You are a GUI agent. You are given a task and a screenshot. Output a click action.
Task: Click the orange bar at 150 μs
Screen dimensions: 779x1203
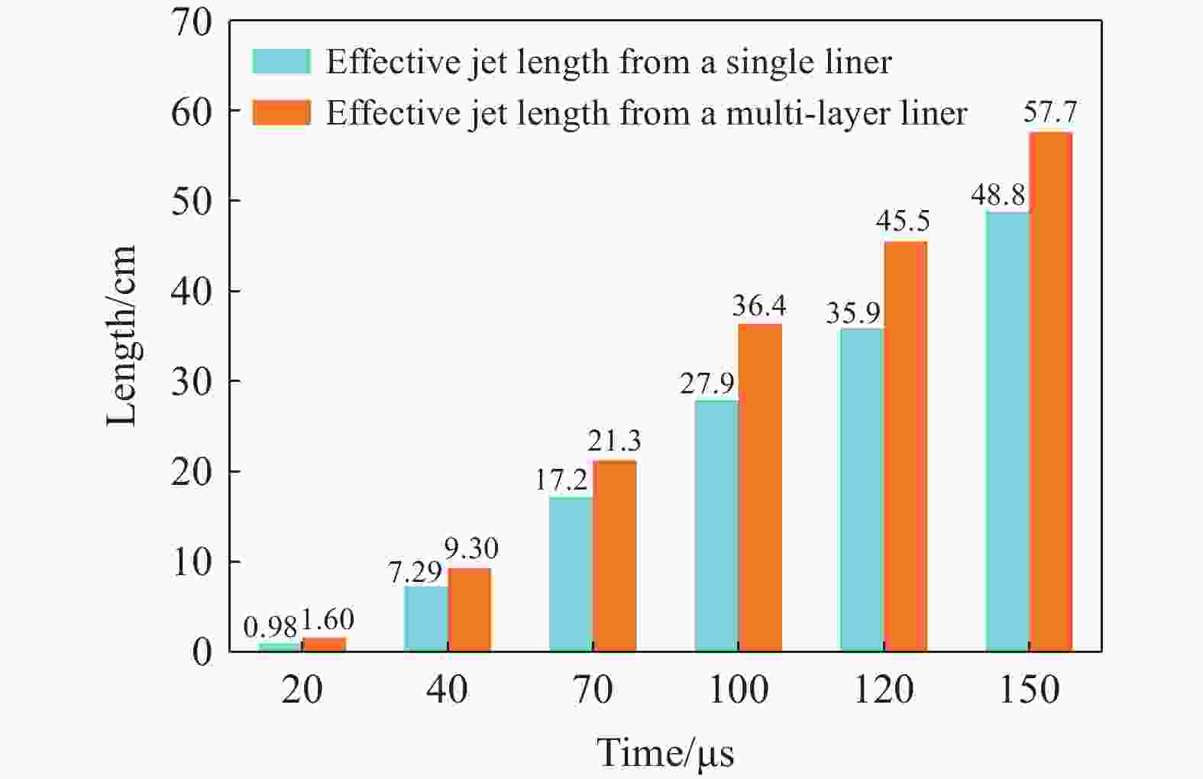pyautogui.click(x=1051, y=392)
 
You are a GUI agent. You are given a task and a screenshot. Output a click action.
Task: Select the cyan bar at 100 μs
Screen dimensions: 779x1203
pyautogui.click(x=716, y=525)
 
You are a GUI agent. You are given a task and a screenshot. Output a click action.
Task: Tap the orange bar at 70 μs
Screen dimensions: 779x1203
pyautogui.click(x=615, y=556)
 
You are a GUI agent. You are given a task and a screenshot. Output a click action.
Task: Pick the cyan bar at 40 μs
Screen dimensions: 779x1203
pyautogui.click(x=425, y=619)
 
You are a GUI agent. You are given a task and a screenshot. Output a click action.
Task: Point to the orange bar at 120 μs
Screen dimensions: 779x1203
pyautogui.click(x=906, y=447)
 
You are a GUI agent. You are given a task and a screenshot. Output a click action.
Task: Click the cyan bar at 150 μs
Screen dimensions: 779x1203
pyautogui.click(x=1007, y=432)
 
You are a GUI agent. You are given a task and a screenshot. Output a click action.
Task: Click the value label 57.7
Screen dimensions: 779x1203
pyautogui.click(x=1050, y=112)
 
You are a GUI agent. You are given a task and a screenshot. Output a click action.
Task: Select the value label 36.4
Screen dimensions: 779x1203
pyautogui.click(x=759, y=305)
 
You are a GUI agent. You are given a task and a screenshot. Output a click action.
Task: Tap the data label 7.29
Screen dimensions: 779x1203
pyautogui.click(x=416, y=571)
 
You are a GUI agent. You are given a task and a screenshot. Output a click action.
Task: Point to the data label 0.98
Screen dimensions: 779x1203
pyautogui.click(x=270, y=628)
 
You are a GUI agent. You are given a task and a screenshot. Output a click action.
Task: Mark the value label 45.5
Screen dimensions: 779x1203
pyautogui.click(x=904, y=221)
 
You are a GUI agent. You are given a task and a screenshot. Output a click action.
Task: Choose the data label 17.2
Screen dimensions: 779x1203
pyautogui.click(x=561, y=480)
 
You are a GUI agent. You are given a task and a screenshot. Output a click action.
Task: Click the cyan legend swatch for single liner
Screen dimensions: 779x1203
pyautogui.click(x=281, y=62)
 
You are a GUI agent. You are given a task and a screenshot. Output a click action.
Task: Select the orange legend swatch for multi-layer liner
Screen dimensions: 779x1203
pyautogui.click(x=281, y=113)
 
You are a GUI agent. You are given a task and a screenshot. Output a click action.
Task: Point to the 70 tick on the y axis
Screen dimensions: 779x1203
pyautogui.click(x=191, y=23)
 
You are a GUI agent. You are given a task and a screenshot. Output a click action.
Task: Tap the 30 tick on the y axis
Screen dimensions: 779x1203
pyautogui.click(x=191, y=381)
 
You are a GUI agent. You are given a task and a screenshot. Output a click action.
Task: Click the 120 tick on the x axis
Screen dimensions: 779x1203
pyautogui.click(x=884, y=690)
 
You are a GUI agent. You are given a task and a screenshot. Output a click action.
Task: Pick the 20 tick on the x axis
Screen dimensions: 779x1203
pyautogui.click(x=302, y=690)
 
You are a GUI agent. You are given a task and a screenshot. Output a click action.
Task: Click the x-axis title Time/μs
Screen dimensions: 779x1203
pyautogui.click(x=665, y=753)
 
